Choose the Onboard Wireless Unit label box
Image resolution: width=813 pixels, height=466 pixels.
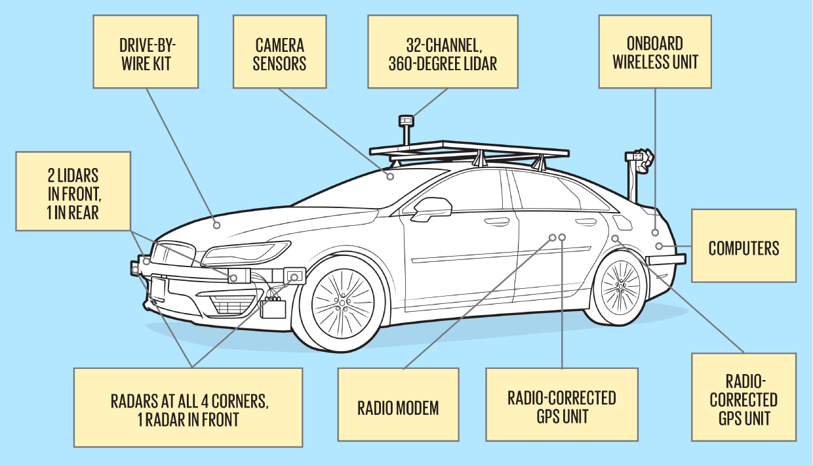click(655, 53)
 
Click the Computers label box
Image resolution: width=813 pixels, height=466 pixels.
click(744, 247)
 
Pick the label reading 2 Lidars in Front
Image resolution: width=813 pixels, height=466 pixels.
click(73, 191)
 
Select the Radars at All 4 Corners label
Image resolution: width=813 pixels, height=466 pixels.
click(188, 408)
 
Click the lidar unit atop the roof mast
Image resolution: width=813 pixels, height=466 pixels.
click(406, 120)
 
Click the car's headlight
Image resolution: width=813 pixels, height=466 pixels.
click(246, 251)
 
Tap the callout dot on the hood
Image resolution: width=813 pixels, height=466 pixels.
click(217, 224)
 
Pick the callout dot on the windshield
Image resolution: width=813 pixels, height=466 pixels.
click(390, 176)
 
